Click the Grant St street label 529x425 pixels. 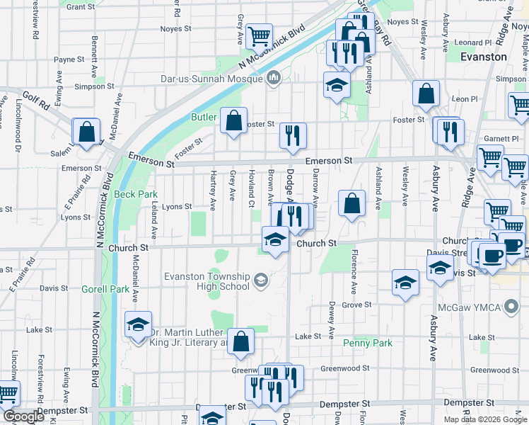(81, 6)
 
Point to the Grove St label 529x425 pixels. (357, 305)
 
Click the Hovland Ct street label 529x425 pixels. (252, 185)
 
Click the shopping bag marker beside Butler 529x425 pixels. (233, 121)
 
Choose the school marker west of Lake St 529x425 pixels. (137, 325)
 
